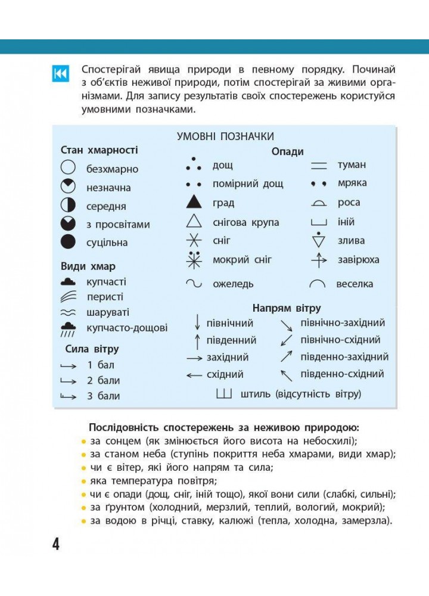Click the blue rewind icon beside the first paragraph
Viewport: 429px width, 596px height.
[61, 73]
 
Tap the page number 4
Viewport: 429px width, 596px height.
[55, 544]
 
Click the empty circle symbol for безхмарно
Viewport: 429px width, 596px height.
[69, 169]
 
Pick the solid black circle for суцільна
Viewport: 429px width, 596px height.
[69, 242]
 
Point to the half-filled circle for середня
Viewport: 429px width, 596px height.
[69, 206]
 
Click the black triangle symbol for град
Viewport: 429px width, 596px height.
[194, 202]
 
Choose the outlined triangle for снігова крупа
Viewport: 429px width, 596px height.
[194, 222]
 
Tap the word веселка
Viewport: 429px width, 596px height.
[355, 284]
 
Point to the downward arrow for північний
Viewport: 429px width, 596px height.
[197, 322]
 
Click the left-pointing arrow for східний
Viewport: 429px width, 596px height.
[194, 375]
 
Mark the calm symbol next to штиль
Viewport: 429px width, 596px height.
[224, 394]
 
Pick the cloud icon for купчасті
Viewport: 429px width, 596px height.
[69, 281]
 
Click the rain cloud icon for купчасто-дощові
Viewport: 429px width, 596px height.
[69, 328]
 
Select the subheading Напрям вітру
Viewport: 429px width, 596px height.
[286, 308]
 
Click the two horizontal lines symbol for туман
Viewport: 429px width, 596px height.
[319, 165]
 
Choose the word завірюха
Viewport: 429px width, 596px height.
[358, 260]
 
